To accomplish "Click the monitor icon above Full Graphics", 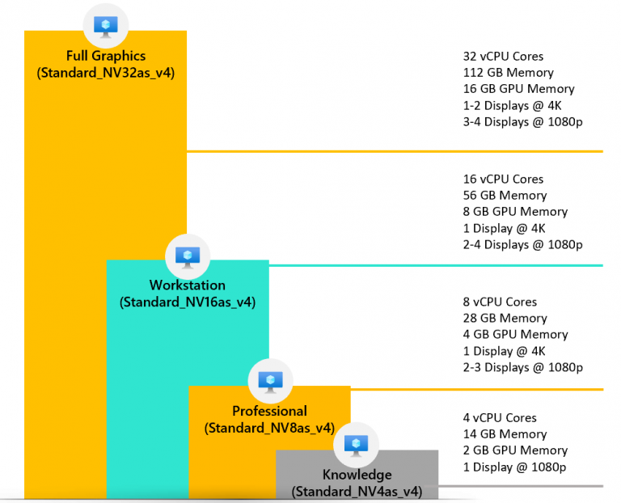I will (106, 27).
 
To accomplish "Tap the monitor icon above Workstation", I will (188, 256).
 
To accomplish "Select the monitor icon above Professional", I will (270, 380).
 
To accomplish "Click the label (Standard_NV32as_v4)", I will (106, 74).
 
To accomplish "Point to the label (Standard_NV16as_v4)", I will (188, 302).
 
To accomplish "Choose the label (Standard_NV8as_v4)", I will (269, 428).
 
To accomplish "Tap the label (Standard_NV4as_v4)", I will (357, 491).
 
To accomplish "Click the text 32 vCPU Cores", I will (503, 57).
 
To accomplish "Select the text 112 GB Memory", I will (508, 73).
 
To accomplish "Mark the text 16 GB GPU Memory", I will (518, 89).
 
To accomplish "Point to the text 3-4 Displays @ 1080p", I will (523, 122).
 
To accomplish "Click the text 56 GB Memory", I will (505, 196).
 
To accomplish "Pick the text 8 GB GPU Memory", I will (515, 212).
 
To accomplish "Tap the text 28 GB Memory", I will (505, 319).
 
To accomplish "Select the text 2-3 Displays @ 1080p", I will (523, 367).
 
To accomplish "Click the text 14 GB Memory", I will (505, 434).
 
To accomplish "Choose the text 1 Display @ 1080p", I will (514, 467).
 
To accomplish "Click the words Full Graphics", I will (106, 57).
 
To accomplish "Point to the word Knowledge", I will (357, 475).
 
